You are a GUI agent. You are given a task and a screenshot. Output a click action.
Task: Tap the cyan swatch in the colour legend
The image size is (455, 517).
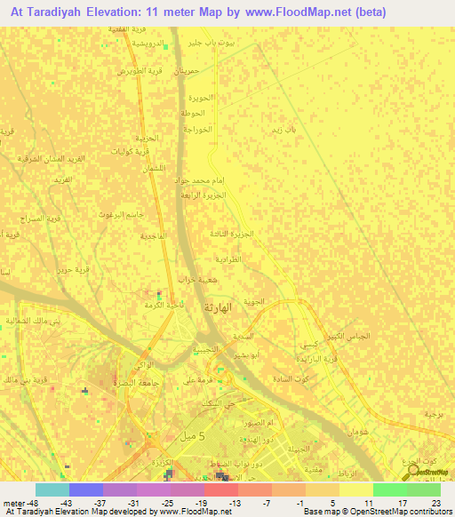pyautogui.click(x=52, y=489)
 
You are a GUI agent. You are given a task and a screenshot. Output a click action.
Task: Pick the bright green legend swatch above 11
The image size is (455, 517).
pyautogui.click(x=389, y=489)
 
